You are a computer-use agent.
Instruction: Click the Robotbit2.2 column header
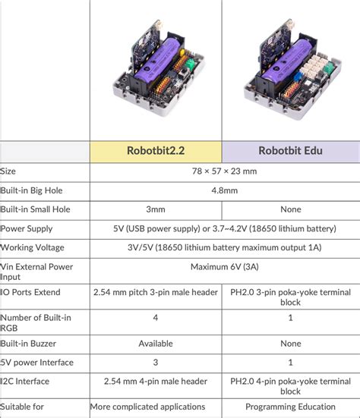(156, 150)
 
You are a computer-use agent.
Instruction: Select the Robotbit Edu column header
(290, 150)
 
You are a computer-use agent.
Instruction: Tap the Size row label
(8, 171)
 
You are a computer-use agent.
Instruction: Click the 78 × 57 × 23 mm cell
(224, 171)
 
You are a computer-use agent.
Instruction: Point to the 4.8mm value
(224, 190)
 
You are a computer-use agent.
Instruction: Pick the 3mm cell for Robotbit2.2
(156, 209)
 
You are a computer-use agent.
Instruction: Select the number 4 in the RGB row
(156, 318)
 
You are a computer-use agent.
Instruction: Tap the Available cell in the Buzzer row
(156, 343)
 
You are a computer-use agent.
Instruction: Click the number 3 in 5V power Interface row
(156, 362)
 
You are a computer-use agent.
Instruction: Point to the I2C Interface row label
(27, 381)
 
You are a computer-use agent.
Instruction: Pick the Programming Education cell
(290, 407)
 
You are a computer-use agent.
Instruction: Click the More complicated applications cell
(147, 407)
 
